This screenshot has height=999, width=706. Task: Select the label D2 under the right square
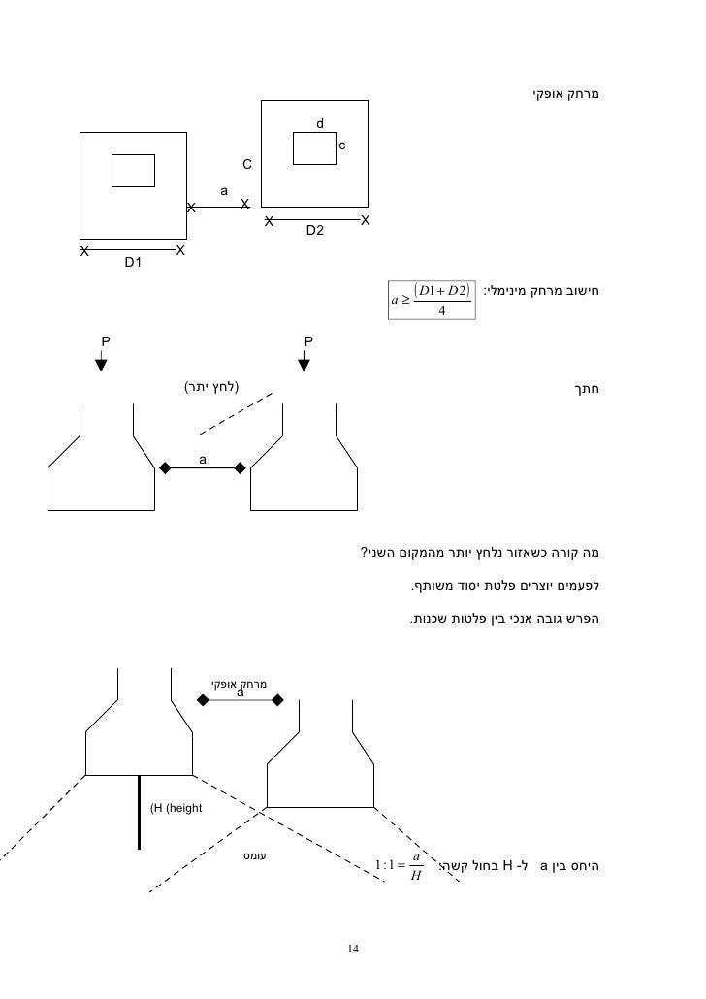(315, 231)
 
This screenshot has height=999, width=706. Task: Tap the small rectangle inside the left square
(133, 170)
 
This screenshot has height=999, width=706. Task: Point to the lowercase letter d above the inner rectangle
(320, 124)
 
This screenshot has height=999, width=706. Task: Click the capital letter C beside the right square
(246, 164)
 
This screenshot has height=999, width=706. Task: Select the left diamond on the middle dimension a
(165, 468)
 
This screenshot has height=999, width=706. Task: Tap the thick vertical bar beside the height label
(140, 812)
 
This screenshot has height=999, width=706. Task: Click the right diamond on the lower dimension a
(278, 700)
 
